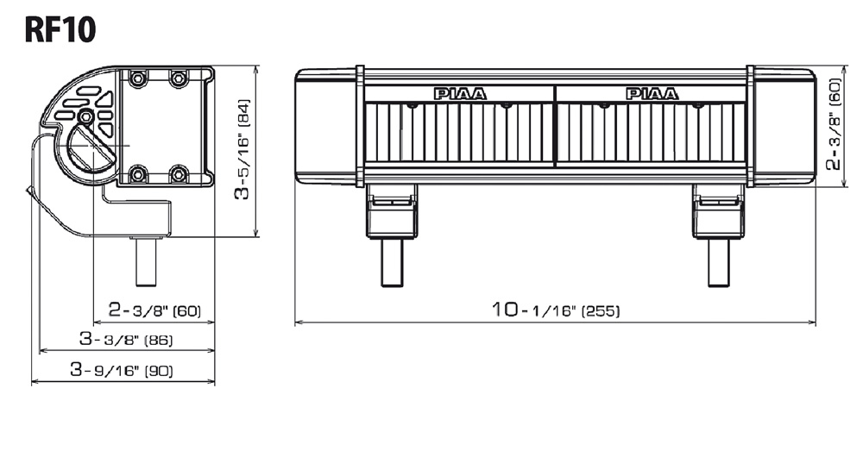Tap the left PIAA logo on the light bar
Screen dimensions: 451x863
459,94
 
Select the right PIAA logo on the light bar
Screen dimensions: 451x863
652,94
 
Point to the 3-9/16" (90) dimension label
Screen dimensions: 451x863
123,371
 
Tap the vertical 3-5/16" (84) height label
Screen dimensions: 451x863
244,150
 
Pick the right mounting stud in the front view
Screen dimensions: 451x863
719,261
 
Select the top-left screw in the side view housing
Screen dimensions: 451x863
136,79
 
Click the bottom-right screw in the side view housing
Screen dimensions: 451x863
178,175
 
